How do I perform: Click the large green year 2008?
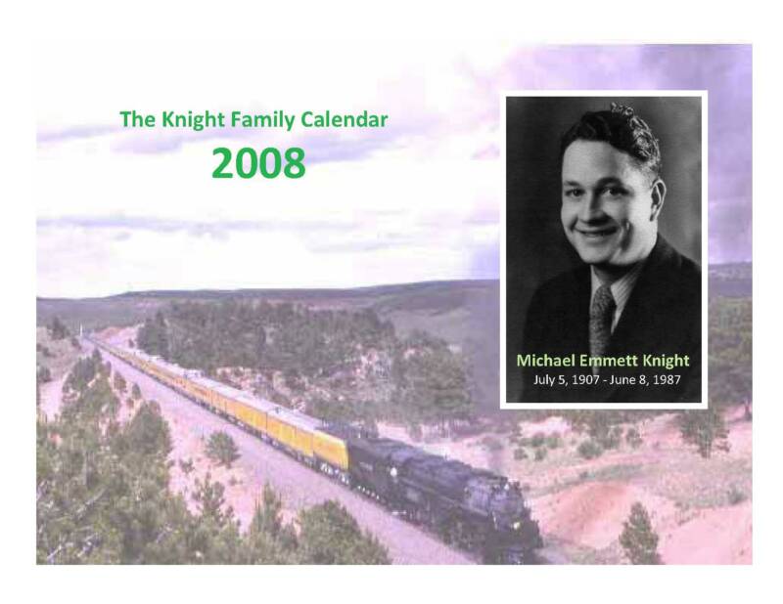(258, 163)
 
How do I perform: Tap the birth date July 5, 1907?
(567, 380)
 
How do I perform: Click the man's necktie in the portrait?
(601, 317)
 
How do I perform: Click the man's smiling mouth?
(598, 233)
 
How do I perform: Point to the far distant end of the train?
(89, 339)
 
